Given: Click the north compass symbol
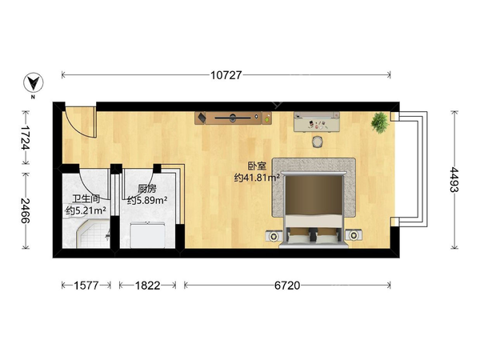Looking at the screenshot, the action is coord(34,82).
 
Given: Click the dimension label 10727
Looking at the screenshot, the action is coord(226,75).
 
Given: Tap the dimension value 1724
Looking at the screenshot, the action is coord(26,138).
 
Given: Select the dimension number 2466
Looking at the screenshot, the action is coord(26,210).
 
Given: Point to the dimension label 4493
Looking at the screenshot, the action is coord(454,180).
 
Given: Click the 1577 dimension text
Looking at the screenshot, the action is coord(86,286).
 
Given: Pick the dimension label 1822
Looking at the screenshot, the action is coord(147,286).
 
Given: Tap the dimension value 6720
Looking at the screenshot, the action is coord(287,286).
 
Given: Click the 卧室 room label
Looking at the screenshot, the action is coord(257,166).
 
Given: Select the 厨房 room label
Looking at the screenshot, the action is coord(147,189).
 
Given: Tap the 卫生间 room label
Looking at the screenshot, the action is coord(86,199).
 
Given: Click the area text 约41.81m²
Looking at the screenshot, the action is coord(257,178).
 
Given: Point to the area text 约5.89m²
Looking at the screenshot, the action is coord(147,201).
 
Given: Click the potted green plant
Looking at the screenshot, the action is coord(380,122).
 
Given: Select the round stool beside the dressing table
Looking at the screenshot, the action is coord(318,142).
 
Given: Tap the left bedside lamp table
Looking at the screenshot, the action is coord(274,235).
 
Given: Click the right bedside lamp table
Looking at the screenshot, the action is coord(354,235).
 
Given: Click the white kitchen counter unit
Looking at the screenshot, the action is coord(148,235).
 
